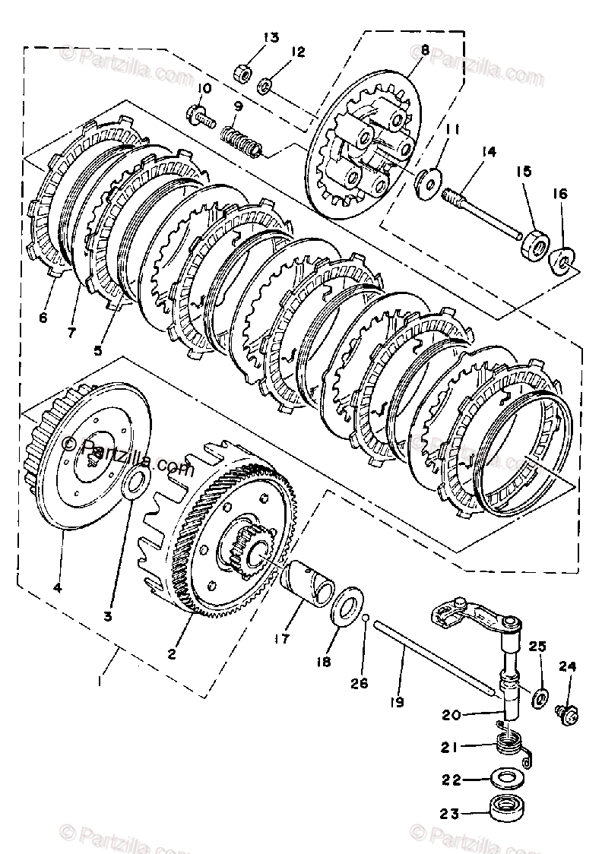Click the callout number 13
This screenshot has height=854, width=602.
[250, 37]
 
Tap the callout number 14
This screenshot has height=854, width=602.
[487, 152]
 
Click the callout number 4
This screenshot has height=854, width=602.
[57, 587]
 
